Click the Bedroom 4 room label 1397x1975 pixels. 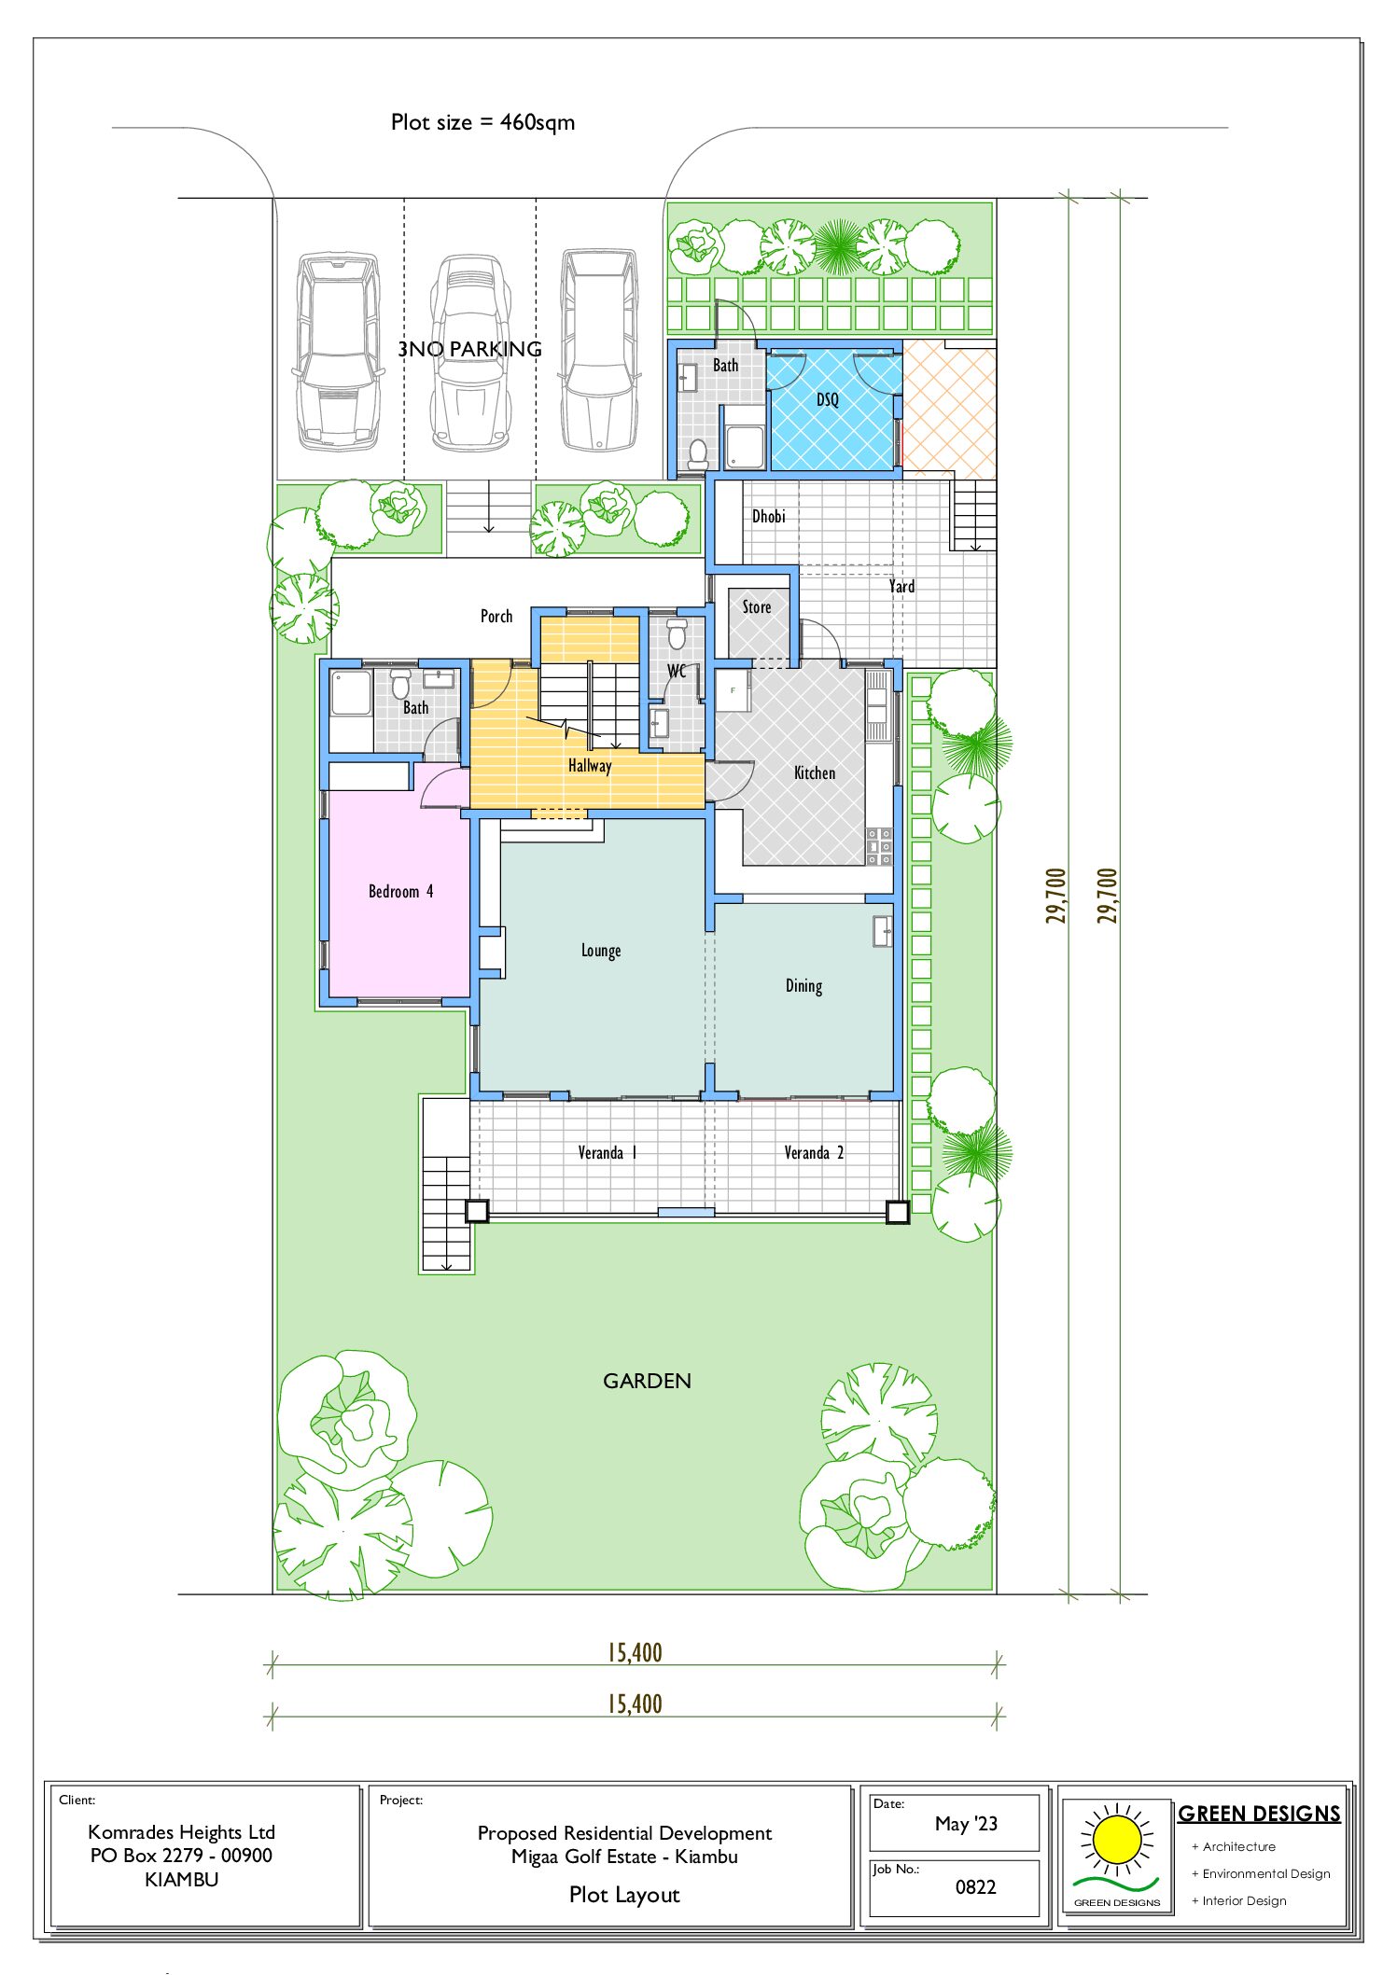[400, 892]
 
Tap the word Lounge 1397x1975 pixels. [601, 951]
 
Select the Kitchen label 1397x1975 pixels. [814, 773]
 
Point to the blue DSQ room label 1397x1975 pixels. [828, 400]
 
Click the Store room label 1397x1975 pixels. [757, 607]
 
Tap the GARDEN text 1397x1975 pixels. [647, 1382]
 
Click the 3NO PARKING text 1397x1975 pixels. [469, 349]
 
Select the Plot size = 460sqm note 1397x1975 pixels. [482, 122]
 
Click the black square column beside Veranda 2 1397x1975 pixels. [897, 1212]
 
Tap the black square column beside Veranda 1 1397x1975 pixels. [477, 1211]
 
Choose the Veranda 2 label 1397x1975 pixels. [814, 1153]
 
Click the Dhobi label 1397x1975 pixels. [769, 517]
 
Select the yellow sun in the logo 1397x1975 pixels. [1116, 1841]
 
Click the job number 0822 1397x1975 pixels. [975, 1887]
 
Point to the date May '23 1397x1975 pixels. [966, 1824]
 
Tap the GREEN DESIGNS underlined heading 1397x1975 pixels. [1259, 1815]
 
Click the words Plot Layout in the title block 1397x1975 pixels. [624, 1895]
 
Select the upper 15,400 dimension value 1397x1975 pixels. [635, 1653]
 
